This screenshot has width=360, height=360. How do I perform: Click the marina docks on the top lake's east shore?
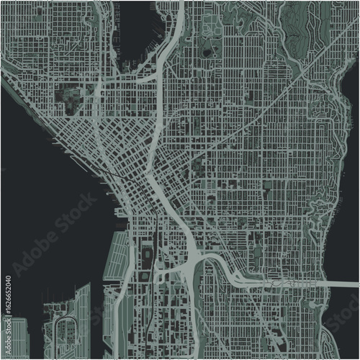(156, 43)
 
